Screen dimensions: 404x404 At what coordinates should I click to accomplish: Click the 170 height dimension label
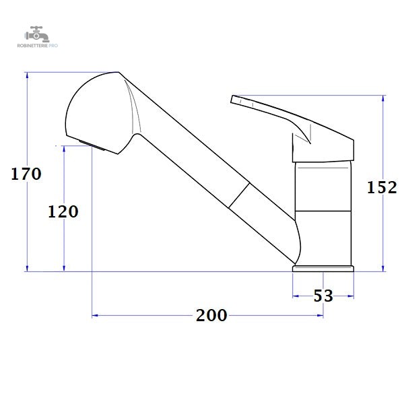coord(26,174)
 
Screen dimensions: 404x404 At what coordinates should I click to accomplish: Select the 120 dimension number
coord(63,212)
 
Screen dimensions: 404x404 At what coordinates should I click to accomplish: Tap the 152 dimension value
coord(382,187)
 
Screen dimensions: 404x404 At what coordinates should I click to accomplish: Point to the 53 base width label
coord(323,296)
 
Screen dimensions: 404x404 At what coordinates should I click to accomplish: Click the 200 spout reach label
coord(211,315)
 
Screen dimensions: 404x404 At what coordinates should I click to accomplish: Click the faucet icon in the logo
coord(37,34)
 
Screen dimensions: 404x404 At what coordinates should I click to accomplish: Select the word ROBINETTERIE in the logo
coord(32,46)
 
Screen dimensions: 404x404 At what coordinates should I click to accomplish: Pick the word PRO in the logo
coord(53,46)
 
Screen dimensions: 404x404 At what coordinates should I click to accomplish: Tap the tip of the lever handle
coord(232,99)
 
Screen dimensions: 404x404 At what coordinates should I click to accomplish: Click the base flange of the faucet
coord(323,269)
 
